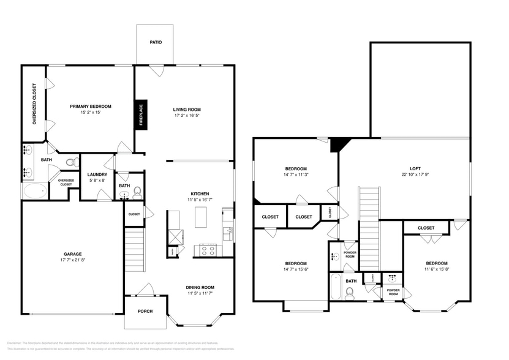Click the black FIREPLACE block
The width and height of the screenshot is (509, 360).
coord(141,114)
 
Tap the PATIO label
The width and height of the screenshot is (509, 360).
coord(156,42)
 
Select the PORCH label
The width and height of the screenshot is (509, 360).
coord(145,311)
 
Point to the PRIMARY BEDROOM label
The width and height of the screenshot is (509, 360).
coord(90,106)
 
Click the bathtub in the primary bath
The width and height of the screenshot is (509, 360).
coord(35,191)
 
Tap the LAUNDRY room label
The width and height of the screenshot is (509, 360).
coord(97,174)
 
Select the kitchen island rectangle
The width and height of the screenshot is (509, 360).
coord(201,217)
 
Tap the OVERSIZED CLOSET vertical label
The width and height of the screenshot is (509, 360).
coord(34,104)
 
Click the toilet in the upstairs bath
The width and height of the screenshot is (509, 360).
coord(350,293)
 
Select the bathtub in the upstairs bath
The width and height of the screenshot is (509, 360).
coord(335,287)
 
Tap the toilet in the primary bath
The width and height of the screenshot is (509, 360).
coord(72,163)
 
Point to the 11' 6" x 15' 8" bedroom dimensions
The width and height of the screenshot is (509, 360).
coord(436,269)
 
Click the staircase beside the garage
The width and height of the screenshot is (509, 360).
coord(134,248)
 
